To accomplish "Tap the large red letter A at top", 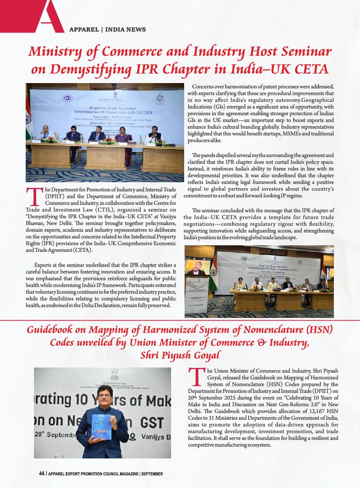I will point(48,17).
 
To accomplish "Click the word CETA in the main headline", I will point(308,69).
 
